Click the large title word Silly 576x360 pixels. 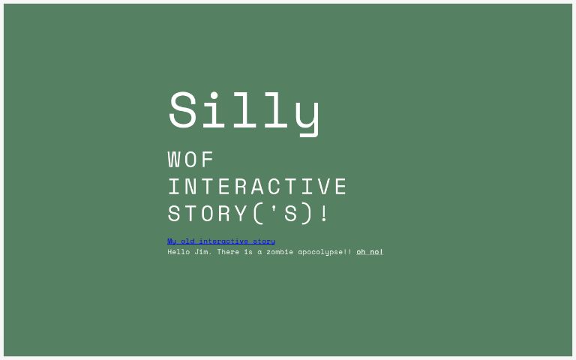pyautogui.click(x=244, y=111)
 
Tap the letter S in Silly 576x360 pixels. pyautogui.click(x=183, y=111)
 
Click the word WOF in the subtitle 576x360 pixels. pyautogui.click(x=191, y=160)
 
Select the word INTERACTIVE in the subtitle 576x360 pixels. pyautogui.click(x=257, y=187)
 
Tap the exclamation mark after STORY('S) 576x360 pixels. pyautogui.click(x=324, y=214)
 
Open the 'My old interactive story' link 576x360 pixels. pyautogui.click(x=221, y=241)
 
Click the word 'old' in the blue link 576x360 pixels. pyautogui.click(x=187, y=241)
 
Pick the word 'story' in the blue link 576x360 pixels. pyautogui.click(x=264, y=241)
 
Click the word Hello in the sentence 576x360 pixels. pyautogui.click(x=178, y=252)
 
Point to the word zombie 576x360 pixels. pyautogui.click(x=280, y=252)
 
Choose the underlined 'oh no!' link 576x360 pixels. pyautogui.click(x=370, y=252)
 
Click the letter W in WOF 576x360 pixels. pyautogui.click(x=175, y=160)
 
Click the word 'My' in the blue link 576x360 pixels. pyautogui.click(x=172, y=241)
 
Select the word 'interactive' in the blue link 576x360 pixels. pyautogui.click(x=223, y=241)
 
